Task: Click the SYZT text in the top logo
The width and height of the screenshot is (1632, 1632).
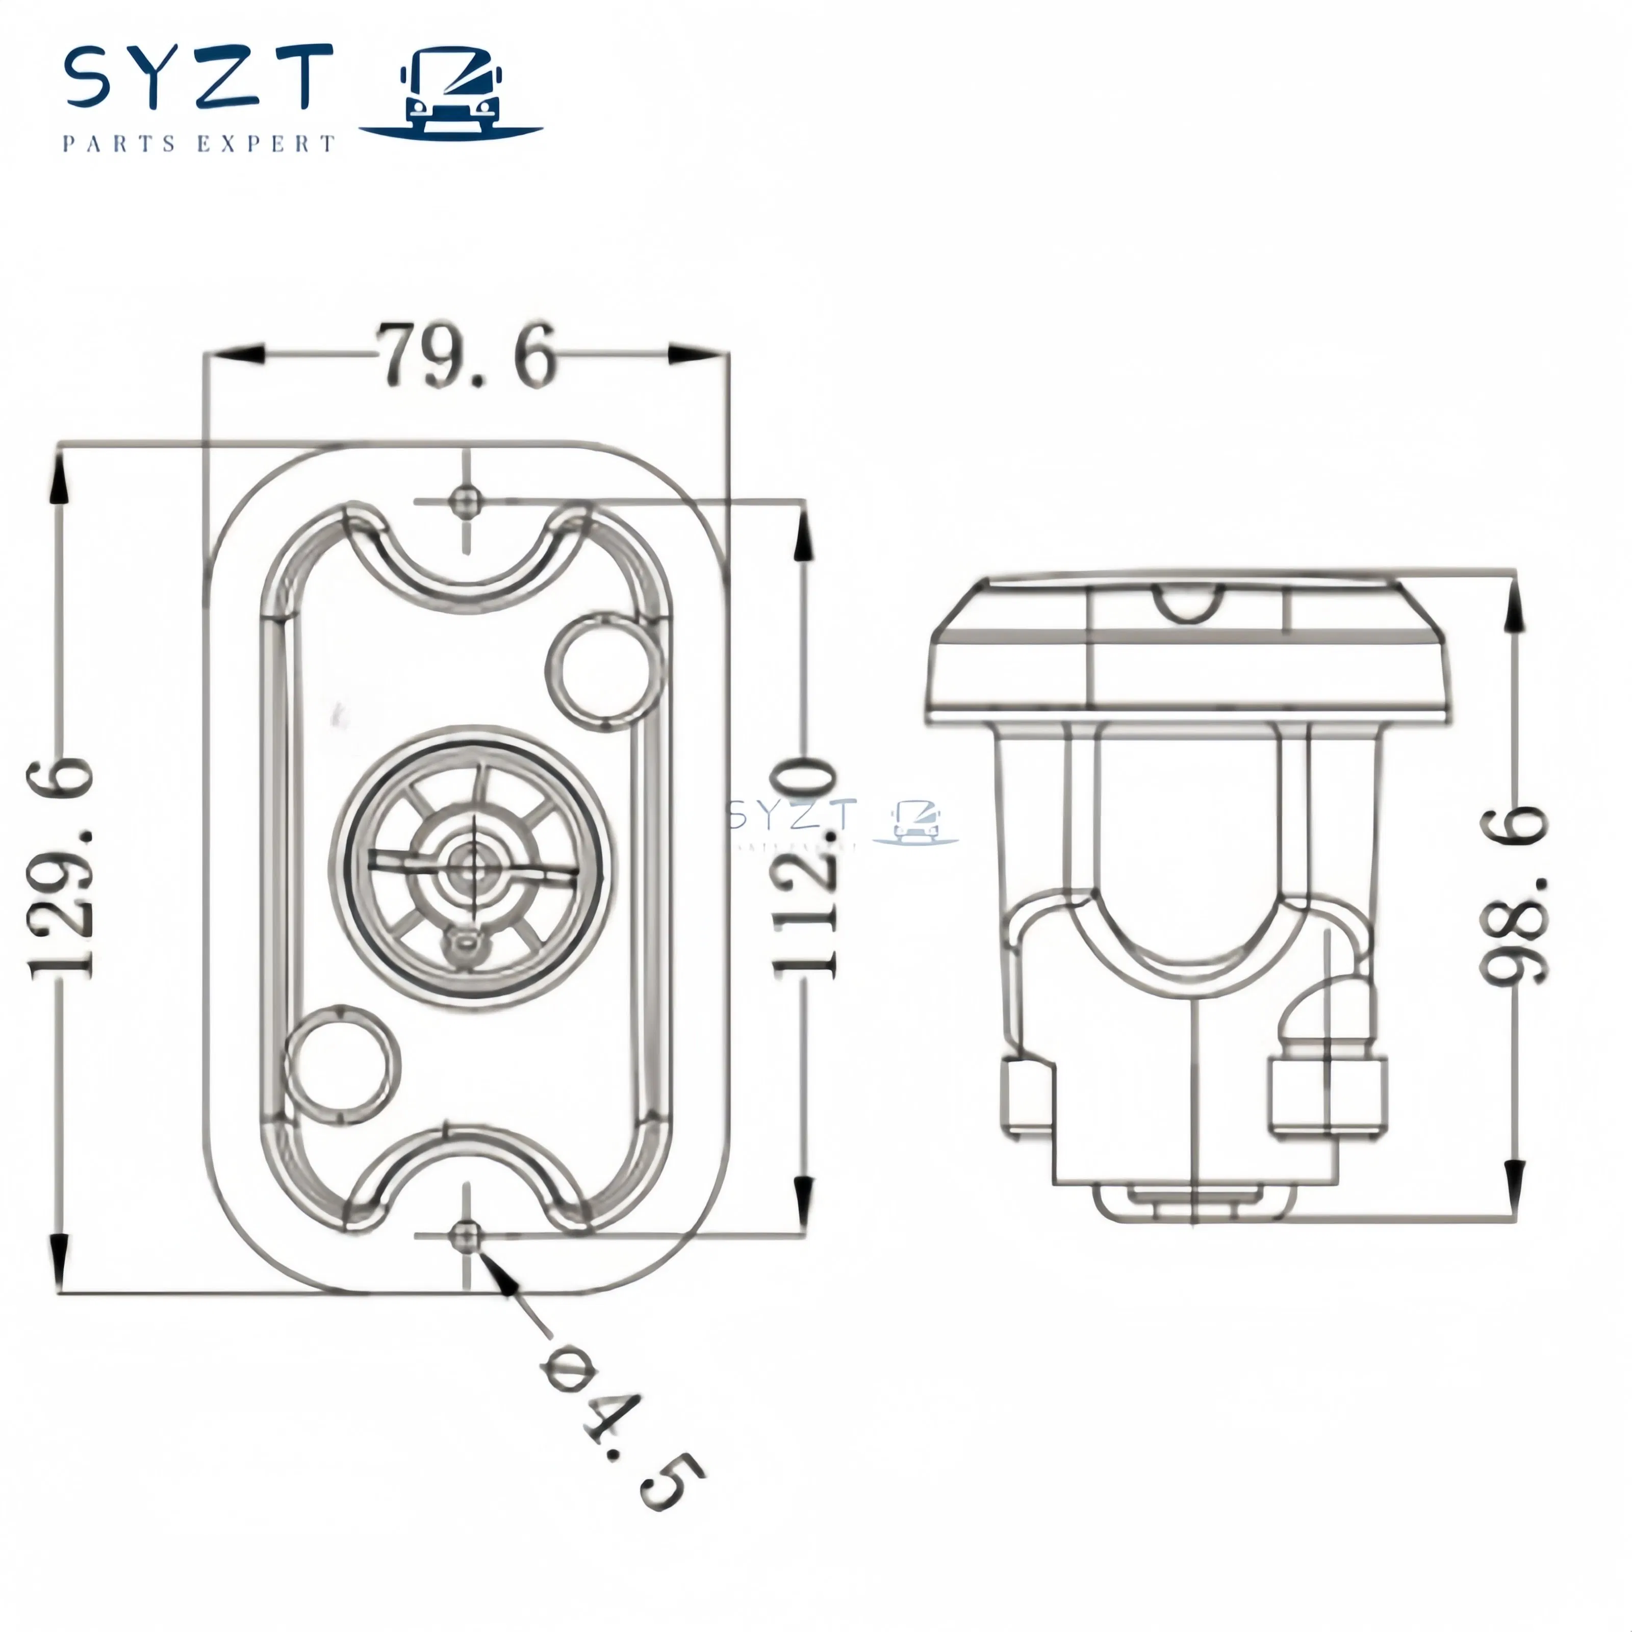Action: click(x=198, y=80)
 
